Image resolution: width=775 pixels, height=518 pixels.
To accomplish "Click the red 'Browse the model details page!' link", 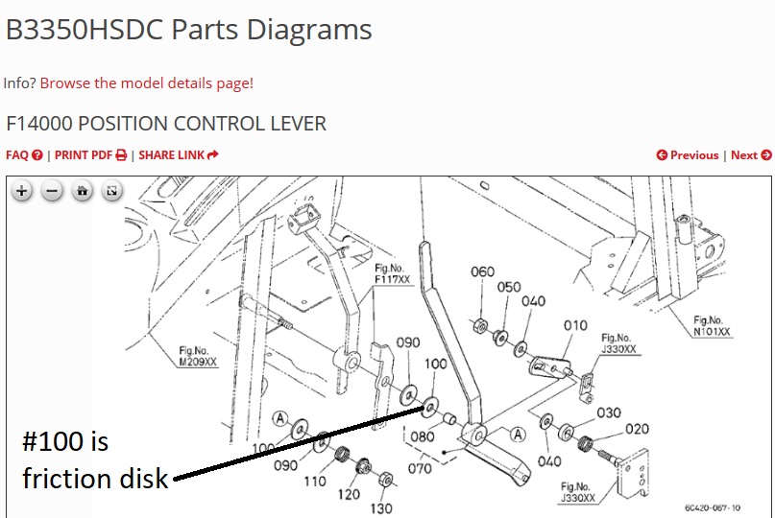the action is pos(147,82).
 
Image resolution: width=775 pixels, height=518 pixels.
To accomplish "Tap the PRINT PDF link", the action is pos(90,155).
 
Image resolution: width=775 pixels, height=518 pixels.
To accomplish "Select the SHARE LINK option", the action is pos(179,155).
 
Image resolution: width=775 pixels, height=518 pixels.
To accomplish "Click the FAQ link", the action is pos(24,155).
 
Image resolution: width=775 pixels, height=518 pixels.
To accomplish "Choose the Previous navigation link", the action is pos(688,155).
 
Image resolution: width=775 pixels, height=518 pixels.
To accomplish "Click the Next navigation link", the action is pos(751,155).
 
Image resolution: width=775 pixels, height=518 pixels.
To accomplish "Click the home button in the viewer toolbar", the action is pos(82,191).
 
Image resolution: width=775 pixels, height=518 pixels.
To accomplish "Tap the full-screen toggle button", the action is pos(111,191).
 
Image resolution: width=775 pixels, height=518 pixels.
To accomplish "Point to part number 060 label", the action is pos(482,271).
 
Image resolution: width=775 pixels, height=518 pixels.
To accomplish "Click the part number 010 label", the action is pos(575,325).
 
